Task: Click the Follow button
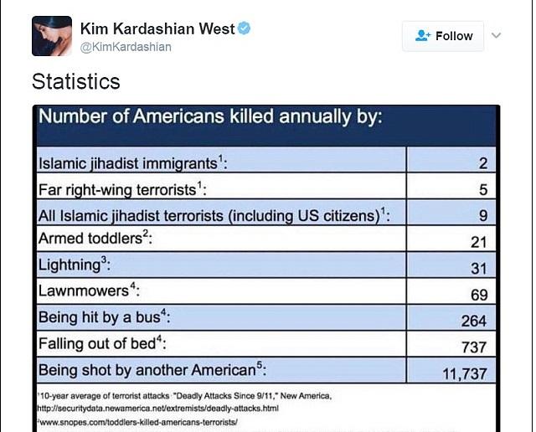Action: click(x=443, y=36)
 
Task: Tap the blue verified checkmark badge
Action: click(x=245, y=28)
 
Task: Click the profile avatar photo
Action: click(x=51, y=36)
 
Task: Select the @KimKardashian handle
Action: click(x=126, y=47)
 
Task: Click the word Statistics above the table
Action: click(x=76, y=82)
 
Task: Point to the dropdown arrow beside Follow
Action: click(x=497, y=36)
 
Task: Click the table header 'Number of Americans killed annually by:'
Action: click(x=211, y=116)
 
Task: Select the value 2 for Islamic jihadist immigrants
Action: click(x=483, y=164)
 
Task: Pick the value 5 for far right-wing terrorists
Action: click(x=483, y=190)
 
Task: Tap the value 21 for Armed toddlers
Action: click(x=479, y=242)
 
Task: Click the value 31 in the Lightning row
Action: click(x=479, y=268)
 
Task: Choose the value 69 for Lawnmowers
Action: click(x=479, y=294)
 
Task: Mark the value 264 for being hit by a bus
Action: click(x=474, y=321)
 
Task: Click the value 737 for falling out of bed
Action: click(x=474, y=346)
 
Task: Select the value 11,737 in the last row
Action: click(x=465, y=373)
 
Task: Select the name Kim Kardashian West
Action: click(x=157, y=28)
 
